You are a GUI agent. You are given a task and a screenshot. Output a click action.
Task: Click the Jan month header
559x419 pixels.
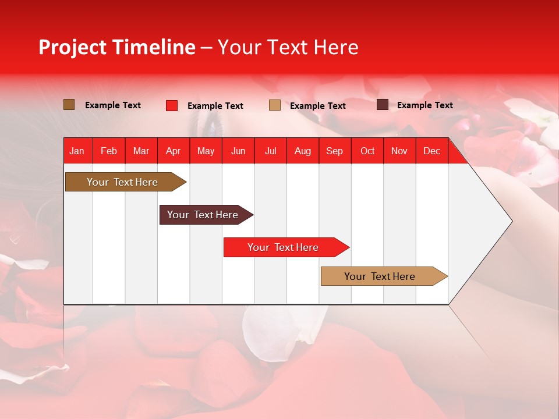click(77, 151)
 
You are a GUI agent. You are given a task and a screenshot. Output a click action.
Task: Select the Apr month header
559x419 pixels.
click(173, 151)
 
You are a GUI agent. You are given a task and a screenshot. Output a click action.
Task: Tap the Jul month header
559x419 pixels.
click(270, 151)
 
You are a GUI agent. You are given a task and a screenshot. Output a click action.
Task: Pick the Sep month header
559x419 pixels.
click(334, 151)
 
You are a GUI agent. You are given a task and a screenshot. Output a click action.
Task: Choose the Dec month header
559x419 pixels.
click(431, 151)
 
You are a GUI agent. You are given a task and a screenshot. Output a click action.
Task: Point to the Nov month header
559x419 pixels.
click(399, 151)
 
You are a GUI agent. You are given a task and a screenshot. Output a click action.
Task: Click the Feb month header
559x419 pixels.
click(109, 151)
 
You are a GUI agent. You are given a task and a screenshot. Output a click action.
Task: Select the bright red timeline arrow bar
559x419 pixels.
click(283, 247)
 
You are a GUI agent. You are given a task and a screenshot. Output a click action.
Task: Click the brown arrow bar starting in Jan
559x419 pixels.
click(122, 182)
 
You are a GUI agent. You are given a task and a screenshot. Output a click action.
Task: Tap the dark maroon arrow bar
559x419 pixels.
click(203, 215)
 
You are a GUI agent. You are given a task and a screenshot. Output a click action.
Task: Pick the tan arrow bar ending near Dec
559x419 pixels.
click(380, 276)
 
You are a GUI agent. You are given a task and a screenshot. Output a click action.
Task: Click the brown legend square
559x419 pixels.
click(69, 105)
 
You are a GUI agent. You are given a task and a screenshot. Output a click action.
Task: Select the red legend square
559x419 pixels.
click(172, 105)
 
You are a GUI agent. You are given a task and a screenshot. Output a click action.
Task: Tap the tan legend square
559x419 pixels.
click(275, 105)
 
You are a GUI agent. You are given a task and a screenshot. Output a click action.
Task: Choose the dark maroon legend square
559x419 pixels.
click(383, 105)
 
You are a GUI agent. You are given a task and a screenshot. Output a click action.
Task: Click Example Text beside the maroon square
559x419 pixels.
click(424, 105)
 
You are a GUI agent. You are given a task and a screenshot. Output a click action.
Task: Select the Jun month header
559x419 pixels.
click(238, 151)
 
